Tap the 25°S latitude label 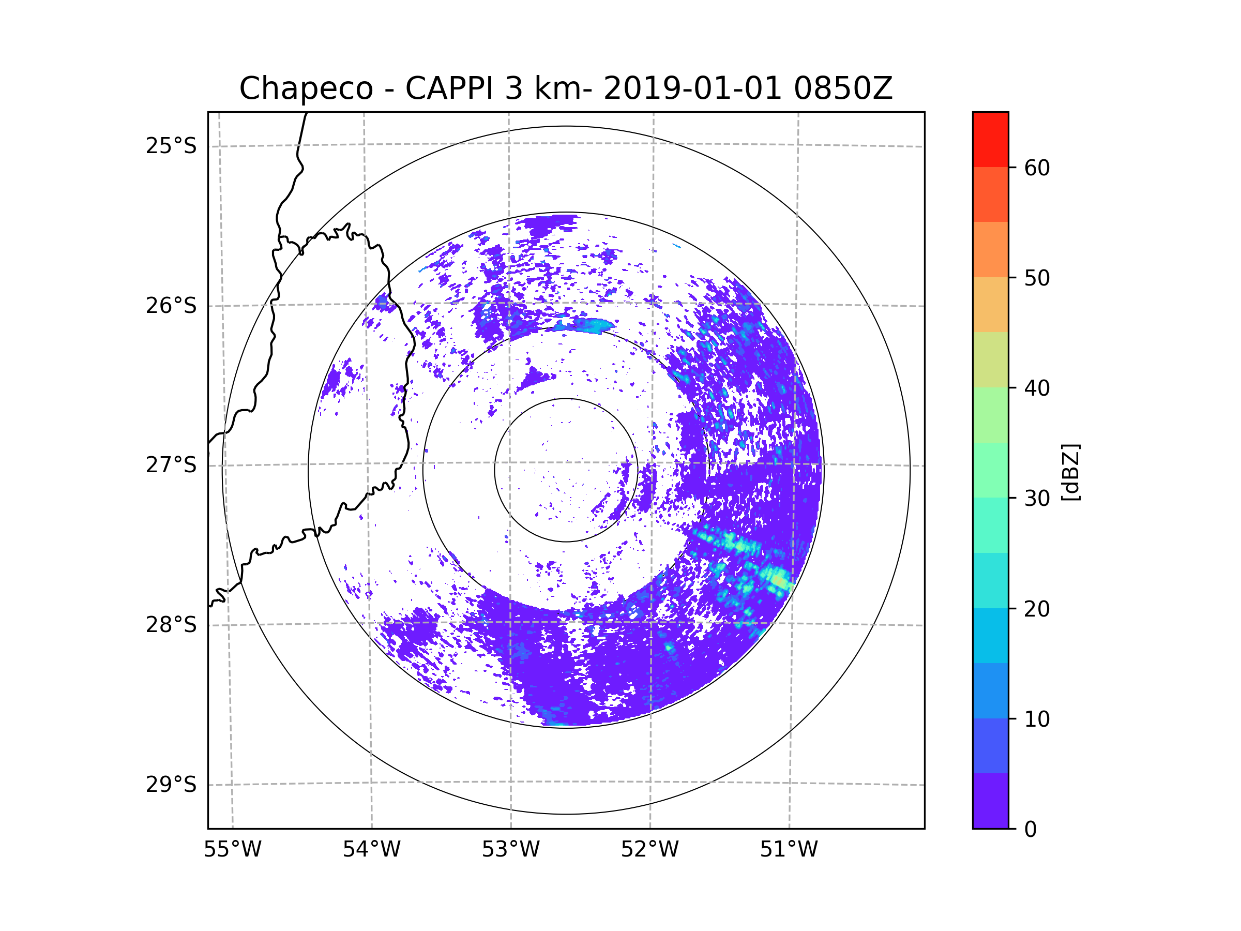(x=171, y=146)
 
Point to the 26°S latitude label (x=171, y=306)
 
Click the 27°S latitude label (x=171, y=465)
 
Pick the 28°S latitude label (x=171, y=625)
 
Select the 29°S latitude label (x=171, y=785)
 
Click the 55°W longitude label (x=232, y=850)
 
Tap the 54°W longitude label (x=371, y=850)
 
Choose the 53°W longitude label (x=510, y=850)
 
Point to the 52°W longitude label (x=649, y=850)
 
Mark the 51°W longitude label (x=789, y=850)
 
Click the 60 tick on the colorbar (x=1037, y=168)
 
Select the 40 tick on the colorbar (x=1037, y=388)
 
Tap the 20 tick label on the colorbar (x=1037, y=609)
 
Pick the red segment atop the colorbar (x=990, y=139)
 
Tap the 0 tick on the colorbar (x=1031, y=830)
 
